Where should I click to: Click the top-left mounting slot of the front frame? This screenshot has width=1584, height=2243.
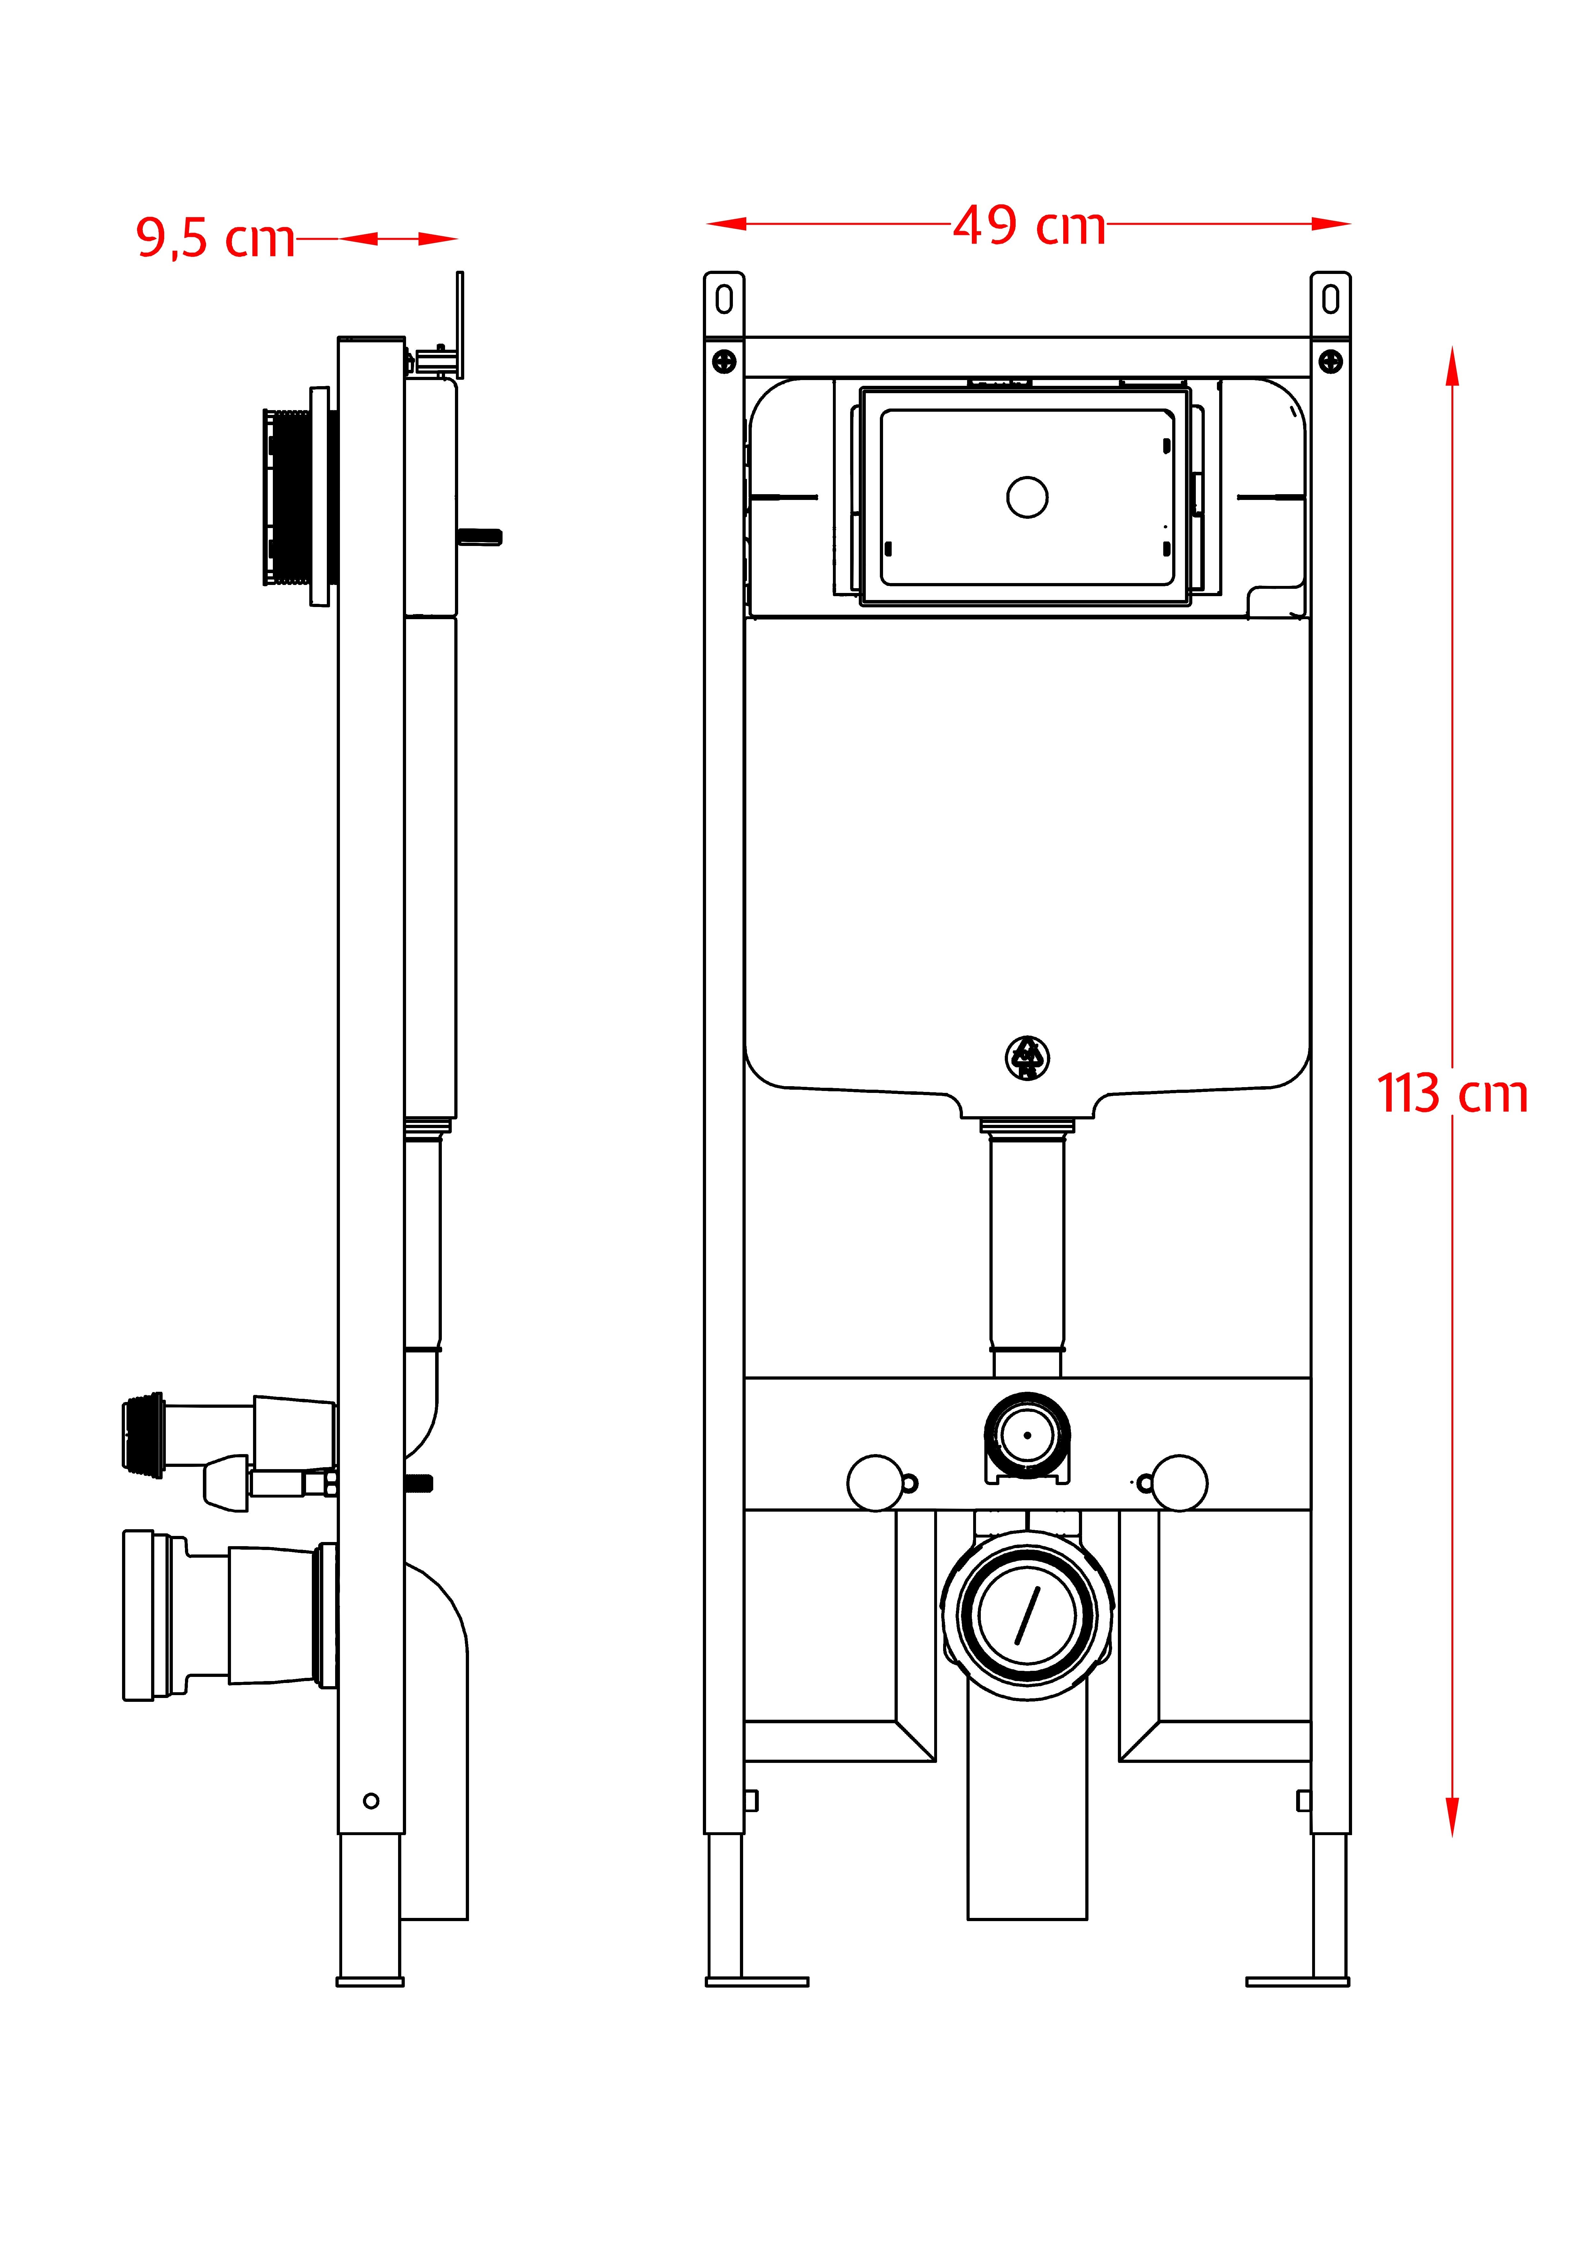point(724,300)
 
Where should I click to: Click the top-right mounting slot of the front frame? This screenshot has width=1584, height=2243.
point(1330,300)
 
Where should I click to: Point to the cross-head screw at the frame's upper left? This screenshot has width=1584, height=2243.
point(724,362)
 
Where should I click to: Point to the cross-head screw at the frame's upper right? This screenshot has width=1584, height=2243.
point(1330,362)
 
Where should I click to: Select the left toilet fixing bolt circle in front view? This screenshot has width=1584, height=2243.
point(875,1483)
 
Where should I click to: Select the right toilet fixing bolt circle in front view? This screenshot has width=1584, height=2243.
point(1180,1483)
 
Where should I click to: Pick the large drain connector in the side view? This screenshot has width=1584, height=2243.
point(229,1615)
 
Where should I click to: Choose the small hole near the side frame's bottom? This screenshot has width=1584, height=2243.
point(371,1801)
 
